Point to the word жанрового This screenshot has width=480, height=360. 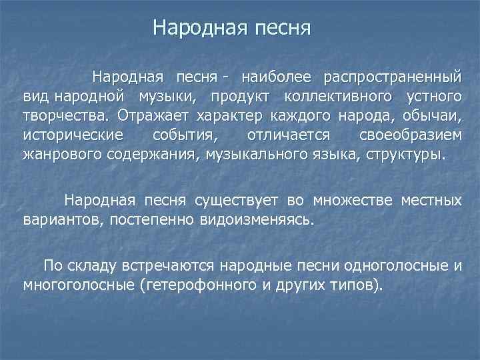tap(55, 155)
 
